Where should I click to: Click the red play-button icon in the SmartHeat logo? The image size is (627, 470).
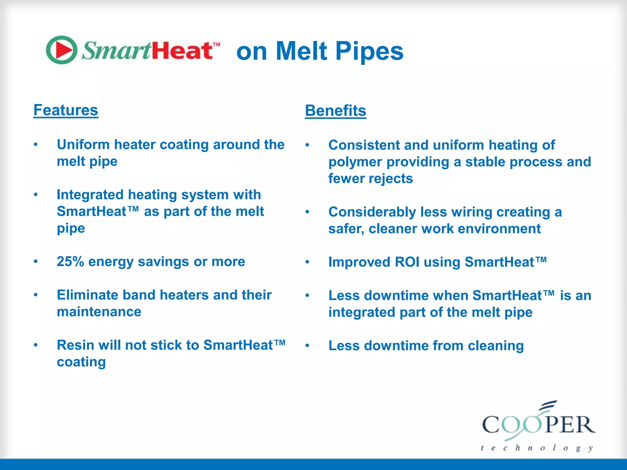point(62,50)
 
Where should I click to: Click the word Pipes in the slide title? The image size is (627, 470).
point(370,51)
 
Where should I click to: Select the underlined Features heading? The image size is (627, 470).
point(66,110)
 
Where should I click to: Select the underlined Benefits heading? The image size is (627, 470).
point(336,111)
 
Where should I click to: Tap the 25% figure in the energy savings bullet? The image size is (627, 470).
point(70,262)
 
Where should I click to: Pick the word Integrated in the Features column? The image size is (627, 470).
point(90,195)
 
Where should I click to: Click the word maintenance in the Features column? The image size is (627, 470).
point(99,312)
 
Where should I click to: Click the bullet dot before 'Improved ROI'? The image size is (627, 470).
point(307,262)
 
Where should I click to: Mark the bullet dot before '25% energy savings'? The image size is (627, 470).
point(36,262)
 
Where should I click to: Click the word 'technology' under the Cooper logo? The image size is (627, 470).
point(537,448)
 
